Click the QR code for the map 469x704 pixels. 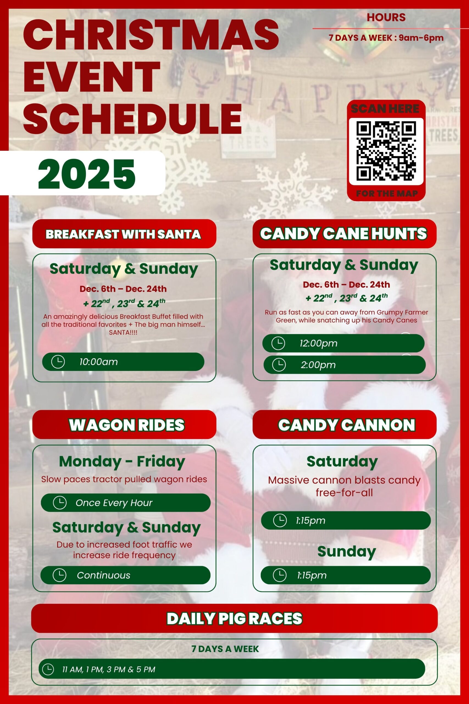pos(386,151)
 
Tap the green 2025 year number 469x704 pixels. pos(87,174)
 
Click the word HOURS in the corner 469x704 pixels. pos(386,17)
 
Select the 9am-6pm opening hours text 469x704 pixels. pos(421,38)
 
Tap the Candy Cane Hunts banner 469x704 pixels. pos(344,234)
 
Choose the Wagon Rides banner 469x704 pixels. pos(124,424)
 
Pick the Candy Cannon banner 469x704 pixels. pos(344,424)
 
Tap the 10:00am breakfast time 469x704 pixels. pos(98,362)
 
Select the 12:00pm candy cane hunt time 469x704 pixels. pos(318,343)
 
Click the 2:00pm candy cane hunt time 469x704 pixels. pos(318,365)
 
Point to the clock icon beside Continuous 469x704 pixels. pos(59,575)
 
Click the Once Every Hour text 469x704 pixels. pos(114,502)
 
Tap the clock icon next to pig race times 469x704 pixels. pos(48,669)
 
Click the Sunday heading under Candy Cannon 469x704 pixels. pos(346,551)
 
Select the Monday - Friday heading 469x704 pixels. pos(122,461)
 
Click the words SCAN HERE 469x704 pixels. pos(385,109)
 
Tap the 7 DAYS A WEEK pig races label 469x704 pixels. pos(225,649)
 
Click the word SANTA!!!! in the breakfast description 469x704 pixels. pos(123,332)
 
